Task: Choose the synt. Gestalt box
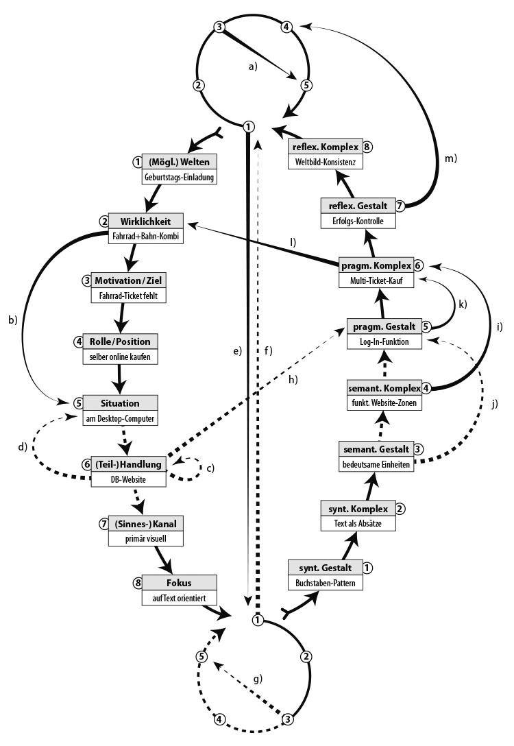[x=325, y=568]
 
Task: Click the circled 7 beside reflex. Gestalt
[x=401, y=205]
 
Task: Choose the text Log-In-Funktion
[x=382, y=341]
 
